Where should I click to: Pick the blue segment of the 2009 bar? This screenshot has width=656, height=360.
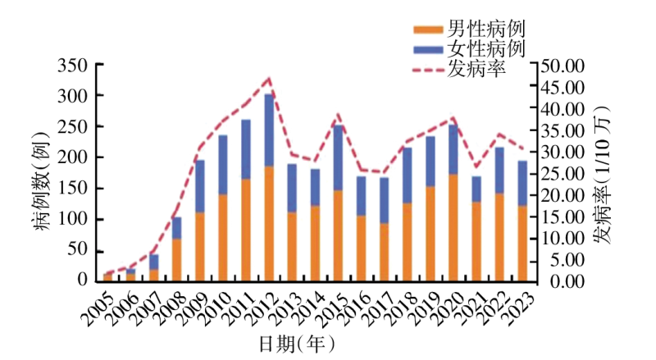(x=199, y=186)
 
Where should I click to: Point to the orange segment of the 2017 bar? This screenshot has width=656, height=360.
(x=384, y=252)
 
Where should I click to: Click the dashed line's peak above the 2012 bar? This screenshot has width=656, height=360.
(x=268, y=79)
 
